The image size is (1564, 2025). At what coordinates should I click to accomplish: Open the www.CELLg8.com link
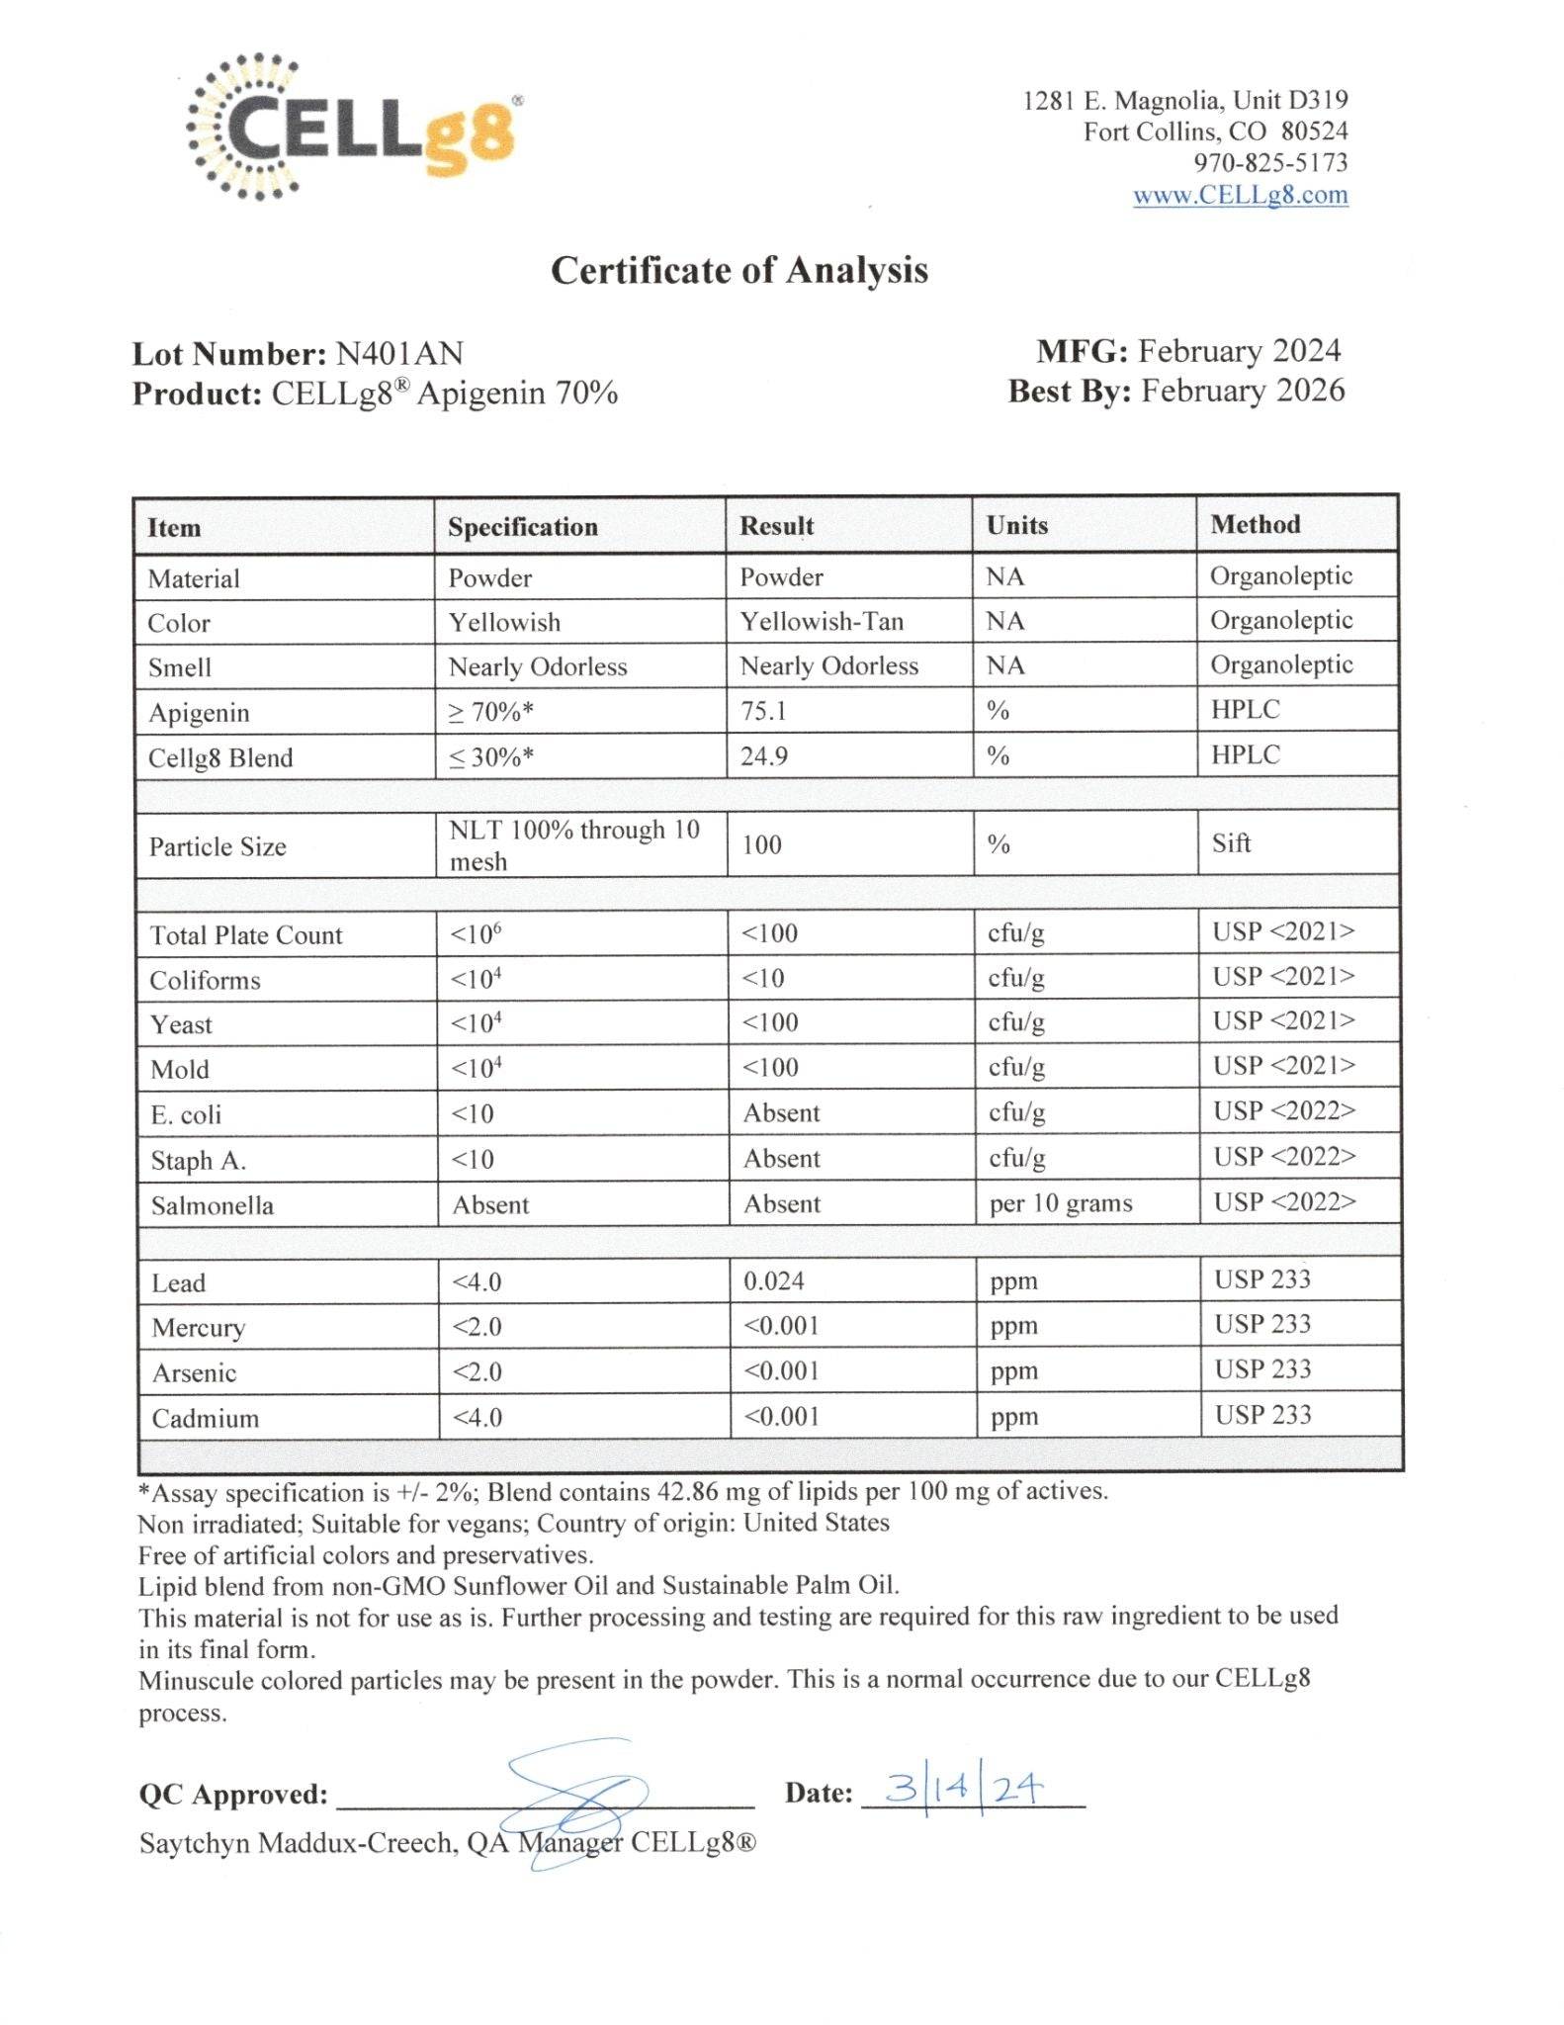[1240, 195]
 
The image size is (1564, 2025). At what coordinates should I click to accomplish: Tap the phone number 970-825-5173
[1270, 163]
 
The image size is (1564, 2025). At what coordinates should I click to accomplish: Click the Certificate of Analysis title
[739, 270]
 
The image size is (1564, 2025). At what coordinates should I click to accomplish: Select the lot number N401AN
[399, 354]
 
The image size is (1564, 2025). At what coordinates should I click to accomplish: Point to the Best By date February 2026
[1243, 391]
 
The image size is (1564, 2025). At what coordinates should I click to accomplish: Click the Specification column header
[522, 526]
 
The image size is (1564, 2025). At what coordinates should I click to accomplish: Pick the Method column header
[1255, 524]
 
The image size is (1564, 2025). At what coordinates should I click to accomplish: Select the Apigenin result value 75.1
[763, 711]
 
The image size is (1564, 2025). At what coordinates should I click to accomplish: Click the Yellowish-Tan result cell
[821, 621]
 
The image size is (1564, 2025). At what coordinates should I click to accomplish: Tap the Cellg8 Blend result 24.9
[763, 756]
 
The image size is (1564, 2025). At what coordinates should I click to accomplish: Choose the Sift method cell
[1231, 843]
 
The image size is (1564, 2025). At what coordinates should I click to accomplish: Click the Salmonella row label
[212, 1205]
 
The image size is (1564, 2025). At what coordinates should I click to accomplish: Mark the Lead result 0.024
[773, 1280]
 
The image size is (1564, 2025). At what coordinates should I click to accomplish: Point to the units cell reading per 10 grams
[1060, 1203]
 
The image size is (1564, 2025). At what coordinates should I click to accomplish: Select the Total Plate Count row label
[245, 935]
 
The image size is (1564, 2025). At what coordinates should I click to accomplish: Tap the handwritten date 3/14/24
[963, 1789]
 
